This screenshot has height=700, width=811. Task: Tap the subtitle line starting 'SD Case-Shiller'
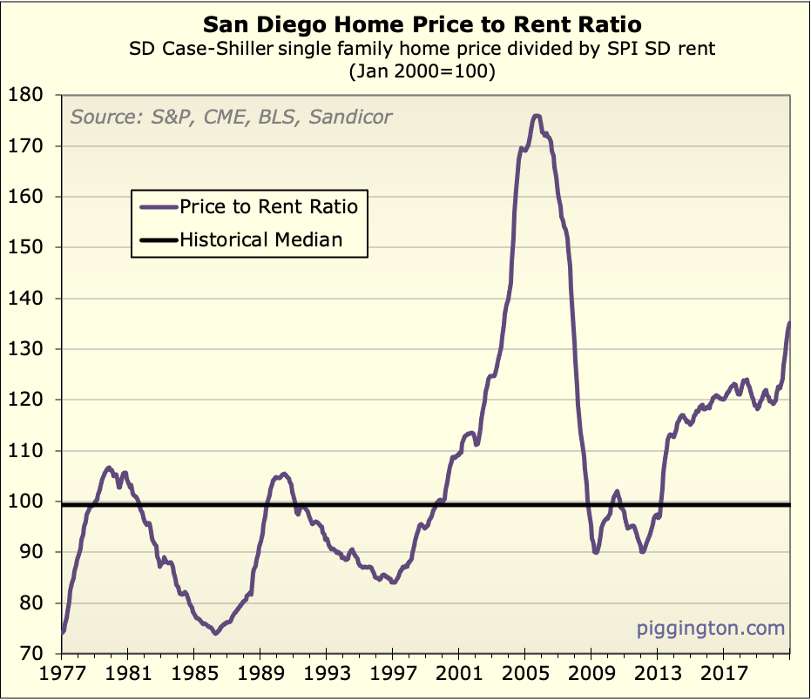point(422,49)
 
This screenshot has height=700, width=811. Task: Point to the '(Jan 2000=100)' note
point(422,73)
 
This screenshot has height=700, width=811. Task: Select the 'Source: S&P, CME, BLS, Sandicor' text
point(231,117)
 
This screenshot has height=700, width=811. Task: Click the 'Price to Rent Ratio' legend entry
point(268,206)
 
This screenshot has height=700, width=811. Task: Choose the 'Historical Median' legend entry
point(260,239)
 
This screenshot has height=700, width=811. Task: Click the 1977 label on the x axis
point(62,675)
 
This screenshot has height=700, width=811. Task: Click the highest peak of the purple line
point(536,116)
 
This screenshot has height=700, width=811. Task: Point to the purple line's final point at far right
point(789,323)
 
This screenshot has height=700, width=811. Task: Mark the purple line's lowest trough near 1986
point(215,633)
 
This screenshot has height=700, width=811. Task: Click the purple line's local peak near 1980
point(109,468)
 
